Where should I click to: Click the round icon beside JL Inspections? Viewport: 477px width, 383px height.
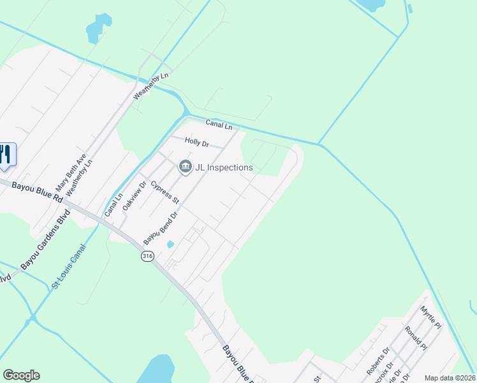coord(185,167)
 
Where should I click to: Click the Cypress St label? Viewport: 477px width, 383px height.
coord(165,193)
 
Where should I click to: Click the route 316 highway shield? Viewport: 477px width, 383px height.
coord(147,256)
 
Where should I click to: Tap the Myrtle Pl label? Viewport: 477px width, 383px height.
coord(430,317)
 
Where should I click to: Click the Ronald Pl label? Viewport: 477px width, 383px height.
coord(415,338)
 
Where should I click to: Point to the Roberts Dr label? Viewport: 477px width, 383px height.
coord(377,361)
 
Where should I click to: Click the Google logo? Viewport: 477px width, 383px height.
coord(21,375)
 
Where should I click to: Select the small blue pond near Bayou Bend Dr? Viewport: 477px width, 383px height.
coord(170,244)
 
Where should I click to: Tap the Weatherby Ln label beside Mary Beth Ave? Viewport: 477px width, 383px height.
coord(79,177)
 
